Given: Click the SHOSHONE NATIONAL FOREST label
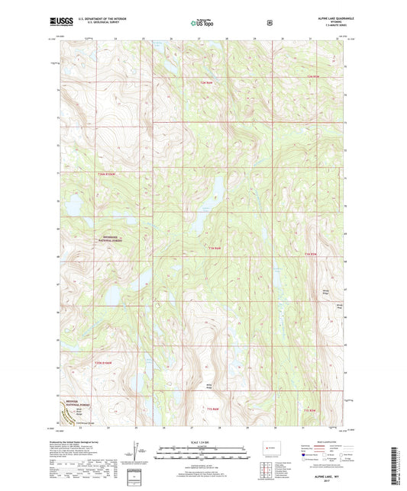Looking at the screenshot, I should click(x=114, y=238).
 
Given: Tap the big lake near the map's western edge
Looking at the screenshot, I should click(x=75, y=205).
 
